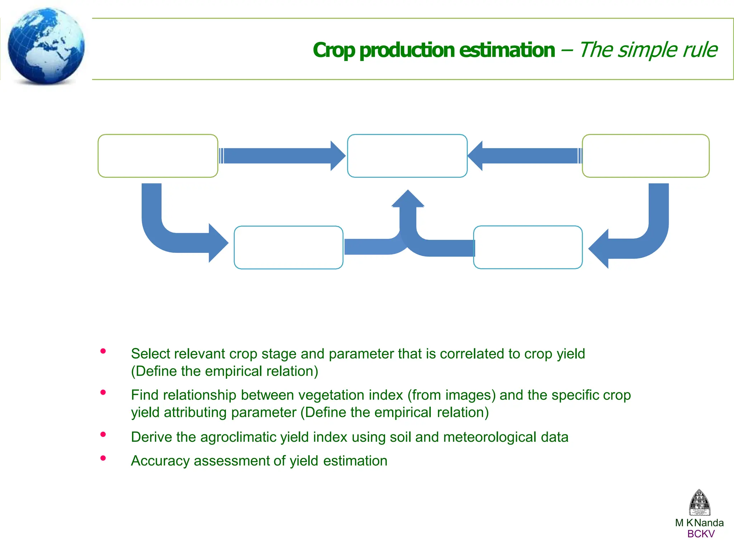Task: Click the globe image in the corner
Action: [46, 46]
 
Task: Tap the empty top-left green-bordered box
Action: [158, 156]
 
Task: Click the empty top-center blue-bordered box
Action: [407, 156]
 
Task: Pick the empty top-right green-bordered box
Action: [645, 156]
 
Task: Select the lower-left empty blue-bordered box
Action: [289, 247]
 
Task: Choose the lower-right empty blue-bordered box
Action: [528, 247]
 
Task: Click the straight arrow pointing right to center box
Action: [280, 156]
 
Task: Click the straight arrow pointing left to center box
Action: [527, 156]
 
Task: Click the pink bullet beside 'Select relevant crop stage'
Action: [103, 351]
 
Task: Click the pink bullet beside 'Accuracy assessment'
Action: [103, 458]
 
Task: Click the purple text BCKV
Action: [701, 534]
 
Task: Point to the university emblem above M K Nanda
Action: [699, 503]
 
